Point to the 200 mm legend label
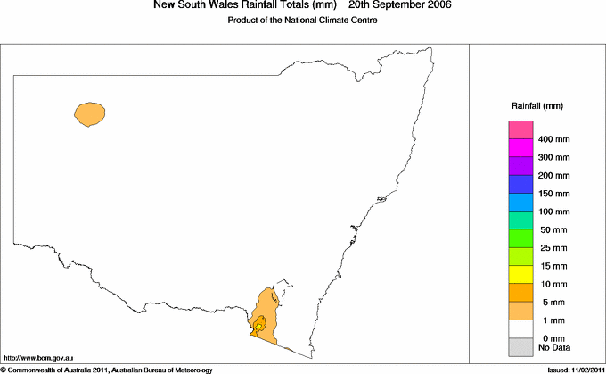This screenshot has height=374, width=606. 554,176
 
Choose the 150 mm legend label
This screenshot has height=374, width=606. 554,194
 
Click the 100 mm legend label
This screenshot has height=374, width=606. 554,212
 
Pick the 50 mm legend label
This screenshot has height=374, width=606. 552,230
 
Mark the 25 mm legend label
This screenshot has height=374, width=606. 552,248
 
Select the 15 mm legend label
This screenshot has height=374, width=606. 552,266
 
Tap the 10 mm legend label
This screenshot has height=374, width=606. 552,284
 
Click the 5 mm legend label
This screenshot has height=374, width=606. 550,302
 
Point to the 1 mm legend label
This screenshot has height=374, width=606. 550,320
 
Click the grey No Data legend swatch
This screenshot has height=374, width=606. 520,346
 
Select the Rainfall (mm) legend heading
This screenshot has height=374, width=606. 538,106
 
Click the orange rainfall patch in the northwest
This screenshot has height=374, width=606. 91,113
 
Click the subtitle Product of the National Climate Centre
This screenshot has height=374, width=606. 303,20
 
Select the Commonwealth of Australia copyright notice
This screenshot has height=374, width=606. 107,369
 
